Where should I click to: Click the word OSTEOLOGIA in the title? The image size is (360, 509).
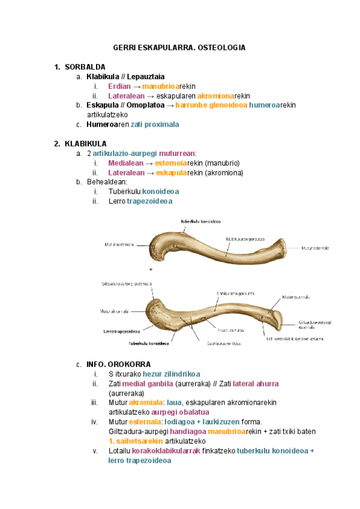[x=221, y=47]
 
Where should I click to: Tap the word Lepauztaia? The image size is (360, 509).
[x=148, y=77]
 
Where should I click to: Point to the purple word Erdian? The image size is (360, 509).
[x=119, y=86]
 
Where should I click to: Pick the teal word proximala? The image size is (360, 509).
[x=158, y=124]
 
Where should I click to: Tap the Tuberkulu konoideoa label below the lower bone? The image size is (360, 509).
[x=149, y=344]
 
